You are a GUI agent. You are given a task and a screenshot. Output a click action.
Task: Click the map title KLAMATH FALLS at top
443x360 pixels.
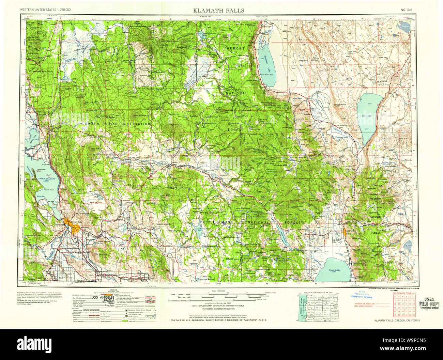click(218, 10)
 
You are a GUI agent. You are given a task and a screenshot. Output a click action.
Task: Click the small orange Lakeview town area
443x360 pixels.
click(345, 232)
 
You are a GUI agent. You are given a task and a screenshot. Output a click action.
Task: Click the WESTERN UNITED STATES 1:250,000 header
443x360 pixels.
click(45, 10)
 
